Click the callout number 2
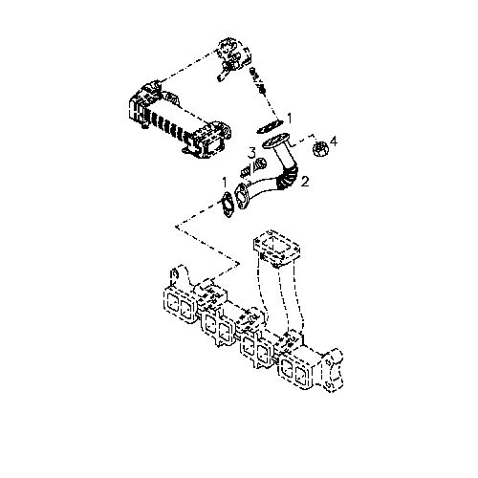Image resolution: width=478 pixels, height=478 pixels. click(305, 182)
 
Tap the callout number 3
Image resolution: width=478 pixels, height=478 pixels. click(252, 153)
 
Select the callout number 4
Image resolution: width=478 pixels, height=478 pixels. click(333, 141)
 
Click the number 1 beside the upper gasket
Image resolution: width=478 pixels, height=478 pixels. click(290, 119)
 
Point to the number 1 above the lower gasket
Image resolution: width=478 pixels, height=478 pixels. click(225, 183)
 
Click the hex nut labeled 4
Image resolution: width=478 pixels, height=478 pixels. click(320, 149)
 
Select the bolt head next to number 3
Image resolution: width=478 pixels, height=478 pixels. click(260, 165)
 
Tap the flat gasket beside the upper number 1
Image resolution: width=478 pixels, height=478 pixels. click(270, 126)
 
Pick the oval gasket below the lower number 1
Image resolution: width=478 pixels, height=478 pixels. click(228, 206)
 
